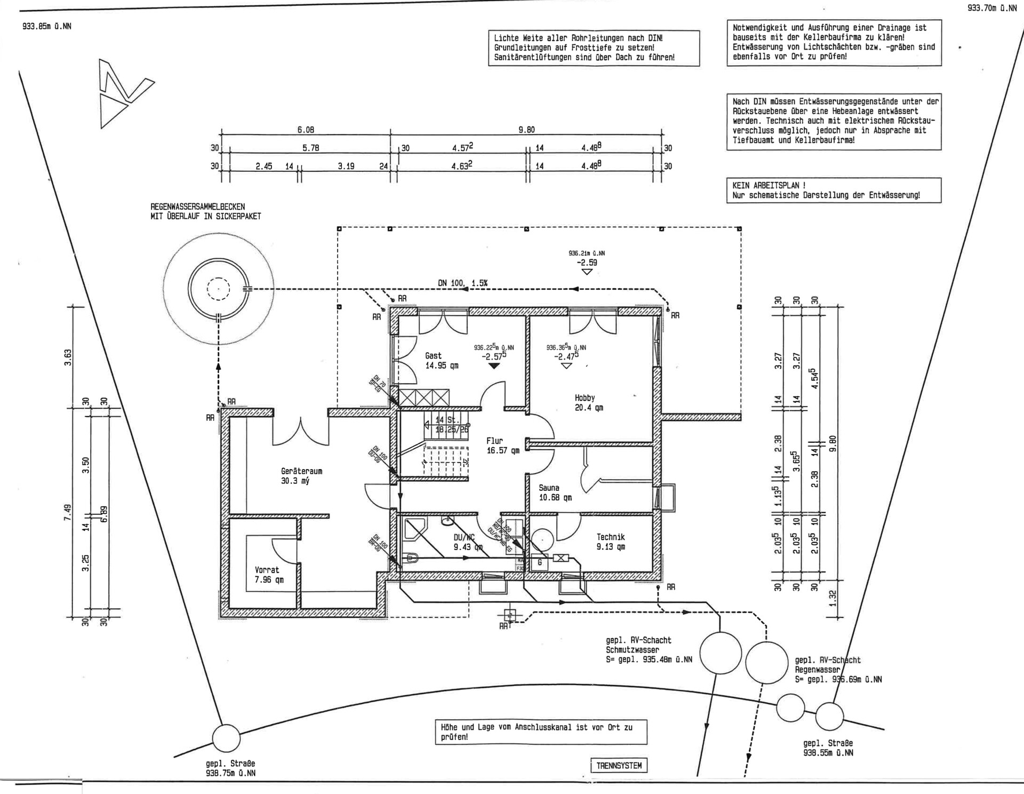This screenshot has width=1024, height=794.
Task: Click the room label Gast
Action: point(433,356)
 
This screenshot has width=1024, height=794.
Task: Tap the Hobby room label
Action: point(585,398)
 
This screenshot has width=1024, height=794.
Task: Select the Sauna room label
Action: point(549,488)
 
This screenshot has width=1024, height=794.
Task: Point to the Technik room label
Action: point(611,537)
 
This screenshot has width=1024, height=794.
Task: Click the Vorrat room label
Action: point(267,570)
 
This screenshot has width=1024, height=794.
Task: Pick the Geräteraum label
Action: point(301,471)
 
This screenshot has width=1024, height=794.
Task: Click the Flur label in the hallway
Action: point(494,441)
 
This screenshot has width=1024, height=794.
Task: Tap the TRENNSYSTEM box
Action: point(619,765)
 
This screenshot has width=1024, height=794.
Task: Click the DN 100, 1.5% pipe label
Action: point(462,283)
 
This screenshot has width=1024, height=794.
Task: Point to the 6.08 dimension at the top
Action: point(306,130)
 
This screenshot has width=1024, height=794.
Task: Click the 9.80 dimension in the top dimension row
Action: point(526,130)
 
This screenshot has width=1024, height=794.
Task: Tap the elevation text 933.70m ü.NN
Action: point(991,8)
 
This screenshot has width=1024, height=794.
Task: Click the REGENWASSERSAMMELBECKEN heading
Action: point(198,207)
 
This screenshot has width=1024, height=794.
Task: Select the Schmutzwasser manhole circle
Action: point(720,653)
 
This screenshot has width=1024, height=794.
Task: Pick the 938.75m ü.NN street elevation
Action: point(230,773)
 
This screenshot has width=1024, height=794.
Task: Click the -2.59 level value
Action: point(587,263)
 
